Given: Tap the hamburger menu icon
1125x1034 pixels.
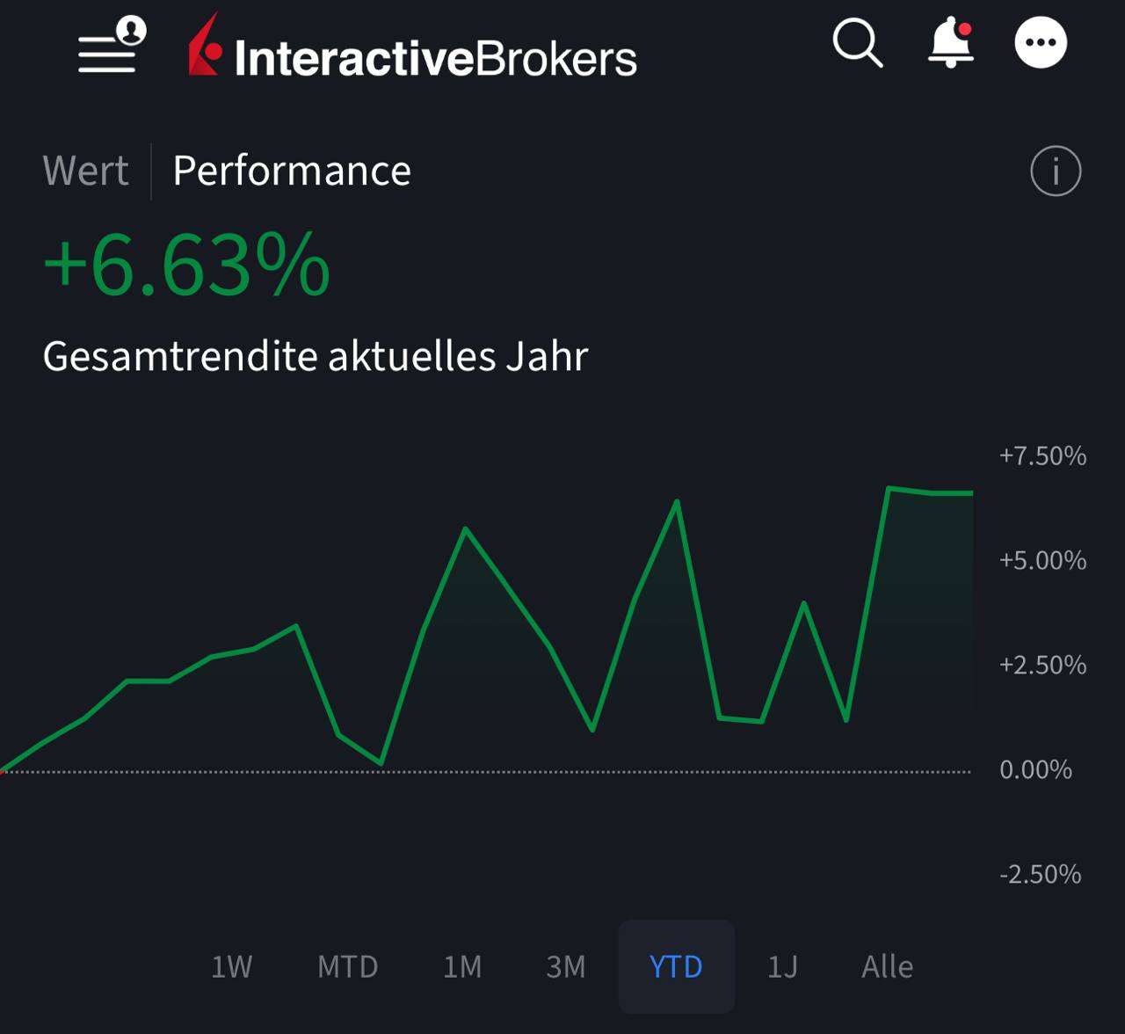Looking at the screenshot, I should (x=107, y=53).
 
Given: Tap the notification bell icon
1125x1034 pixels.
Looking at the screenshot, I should (x=951, y=44).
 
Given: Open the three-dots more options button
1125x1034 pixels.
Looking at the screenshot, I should (x=1041, y=42).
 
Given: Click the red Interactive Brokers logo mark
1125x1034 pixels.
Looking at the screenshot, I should (x=205, y=46).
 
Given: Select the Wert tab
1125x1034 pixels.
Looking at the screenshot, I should (x=85, y=171).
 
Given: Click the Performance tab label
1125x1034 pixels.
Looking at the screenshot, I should (x=292, y=171).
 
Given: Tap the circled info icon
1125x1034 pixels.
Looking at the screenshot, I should (x=1055, y=171).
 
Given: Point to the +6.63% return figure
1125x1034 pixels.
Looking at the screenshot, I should (x=186, y=265).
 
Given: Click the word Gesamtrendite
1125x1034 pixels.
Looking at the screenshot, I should (x=180, y=356).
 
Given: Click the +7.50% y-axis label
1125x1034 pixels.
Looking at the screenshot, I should (x=1042, y=455).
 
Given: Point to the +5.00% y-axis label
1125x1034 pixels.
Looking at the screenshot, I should (x=1042, y=560).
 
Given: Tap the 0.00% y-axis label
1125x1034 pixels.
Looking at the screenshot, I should (x=1035, y=769).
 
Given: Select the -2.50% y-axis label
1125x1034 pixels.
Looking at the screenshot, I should (x=1040, y=874).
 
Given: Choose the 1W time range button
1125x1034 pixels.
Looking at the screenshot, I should (x=231, y=966).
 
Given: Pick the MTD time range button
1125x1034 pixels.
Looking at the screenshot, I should (x=347, y=966).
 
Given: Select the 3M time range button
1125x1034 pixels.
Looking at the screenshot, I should (x=565, y=966).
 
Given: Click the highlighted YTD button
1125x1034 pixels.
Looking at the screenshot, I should (x=676, y=966).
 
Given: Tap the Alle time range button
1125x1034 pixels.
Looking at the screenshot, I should (x=887, y=966).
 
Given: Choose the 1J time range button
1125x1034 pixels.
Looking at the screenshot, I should (x=782, y=966).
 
